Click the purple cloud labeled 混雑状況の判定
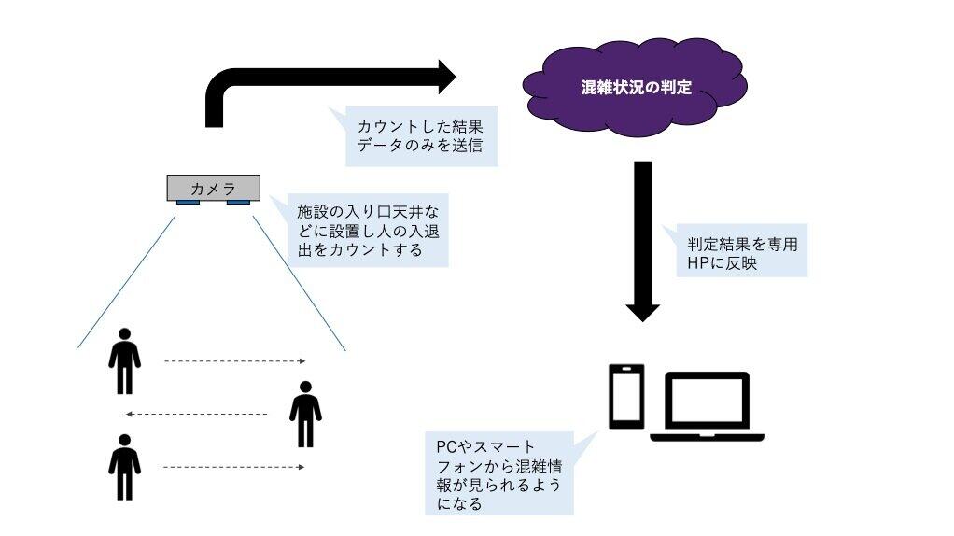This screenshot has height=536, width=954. [x=635, y=89]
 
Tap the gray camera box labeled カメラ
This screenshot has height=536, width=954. [x=213, y=188]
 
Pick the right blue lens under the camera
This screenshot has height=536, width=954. [x=238, y=203]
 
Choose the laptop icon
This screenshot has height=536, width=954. [x=707, y=405]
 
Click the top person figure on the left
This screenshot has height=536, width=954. [x=124, y=360]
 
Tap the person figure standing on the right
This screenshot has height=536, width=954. [x=305, y=414]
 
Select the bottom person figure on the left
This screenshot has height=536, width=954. [x=124, y=466]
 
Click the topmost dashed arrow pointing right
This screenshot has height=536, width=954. [x=235, y=360]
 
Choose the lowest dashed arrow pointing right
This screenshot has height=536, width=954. [x=235, y=466]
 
